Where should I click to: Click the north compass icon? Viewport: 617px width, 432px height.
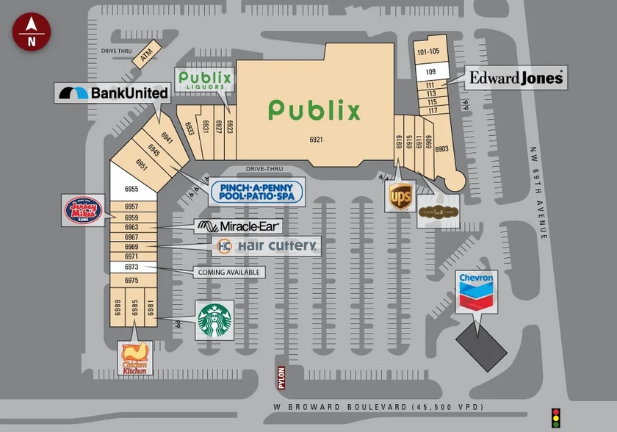(x=31, y=32)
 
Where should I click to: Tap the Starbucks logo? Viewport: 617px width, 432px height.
(x=214, y=320)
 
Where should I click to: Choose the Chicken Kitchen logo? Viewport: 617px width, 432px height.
(x=135, y=358)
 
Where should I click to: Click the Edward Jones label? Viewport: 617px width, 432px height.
(x=516, y=77)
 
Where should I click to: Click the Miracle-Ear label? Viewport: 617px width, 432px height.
(x=239, y=226)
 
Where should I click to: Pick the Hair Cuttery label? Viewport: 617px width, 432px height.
(x=267, y=246)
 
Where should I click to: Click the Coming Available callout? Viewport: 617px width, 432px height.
(x=228, y=272)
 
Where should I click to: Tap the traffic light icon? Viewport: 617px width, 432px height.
(x=556, y=417)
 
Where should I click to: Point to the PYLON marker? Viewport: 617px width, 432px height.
(x=280, y=378)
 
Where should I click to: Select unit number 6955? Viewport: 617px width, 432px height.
(x=131, y=190)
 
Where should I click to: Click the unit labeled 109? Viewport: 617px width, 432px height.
(x=430, y=71)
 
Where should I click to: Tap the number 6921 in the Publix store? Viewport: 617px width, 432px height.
(x=316, y=139)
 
